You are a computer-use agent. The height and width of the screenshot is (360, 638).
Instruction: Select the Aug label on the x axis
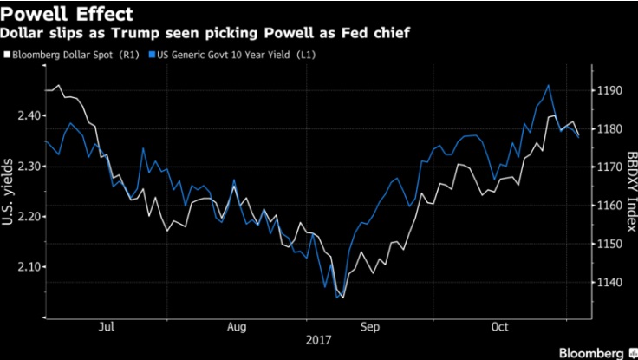point(236,327)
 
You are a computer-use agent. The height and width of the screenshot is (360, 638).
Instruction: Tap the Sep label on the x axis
point(368,327)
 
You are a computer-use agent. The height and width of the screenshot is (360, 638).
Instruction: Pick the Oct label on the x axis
point(498,327)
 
